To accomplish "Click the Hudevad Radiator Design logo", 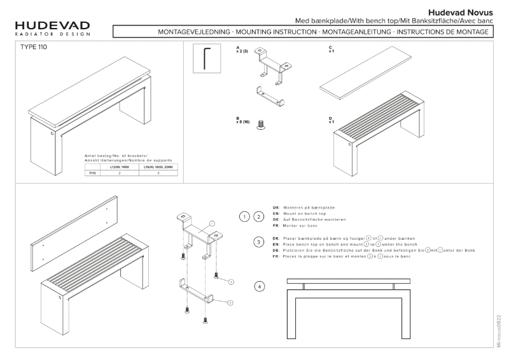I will pyautogui.click(x=52, y=29).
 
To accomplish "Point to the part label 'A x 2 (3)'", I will pyautogui.click(x=241, y=50).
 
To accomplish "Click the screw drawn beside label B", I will pyautogui.click(x=260, y=127).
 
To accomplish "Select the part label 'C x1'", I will pyautogui.click(x=331, y=50).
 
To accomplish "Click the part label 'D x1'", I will pyautogui.click(x=331, y=120).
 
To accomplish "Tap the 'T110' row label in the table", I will pyautogui.click(x=92, y=172).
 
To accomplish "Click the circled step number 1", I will pyautogui.click(x=244, y=217).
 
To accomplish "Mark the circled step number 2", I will pyautogui.click(x=259, y=217).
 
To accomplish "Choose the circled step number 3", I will pyautogui.click(x=259, y=242).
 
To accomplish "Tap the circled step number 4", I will pyautogui.click(x=259, y=287).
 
